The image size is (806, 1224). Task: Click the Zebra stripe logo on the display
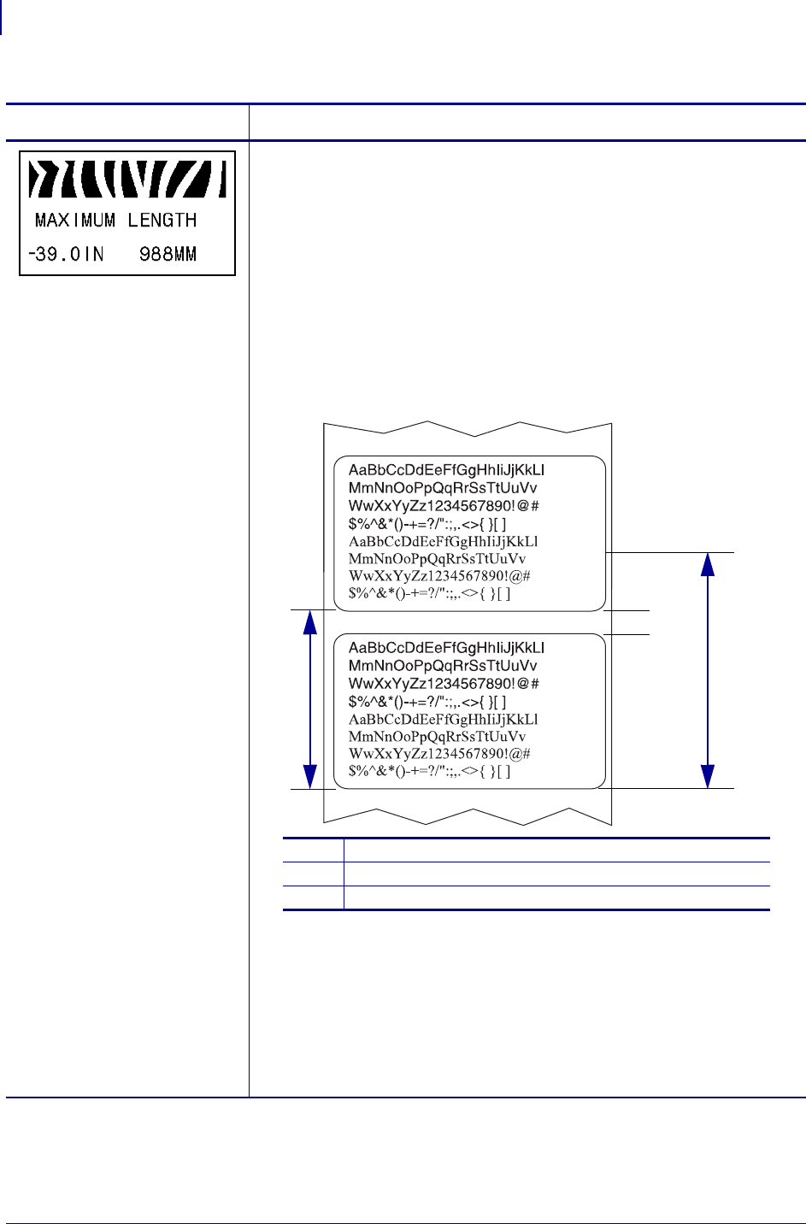(x=127, y=179)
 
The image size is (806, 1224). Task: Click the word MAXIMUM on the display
(x=75, y=221)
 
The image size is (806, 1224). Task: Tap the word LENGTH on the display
(x=162, y=221)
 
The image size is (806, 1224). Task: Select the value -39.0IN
(x=66, y=254)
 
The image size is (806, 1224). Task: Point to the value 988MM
(x=168, y=254)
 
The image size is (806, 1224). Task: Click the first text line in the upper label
(x=446, y=470)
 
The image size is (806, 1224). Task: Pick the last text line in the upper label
(x=429, y=594)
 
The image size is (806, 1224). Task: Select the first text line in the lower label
(x=446, y=648)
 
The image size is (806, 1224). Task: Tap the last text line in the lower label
(x=429, y=772)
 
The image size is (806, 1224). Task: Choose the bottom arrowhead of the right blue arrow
(x=708, y=776)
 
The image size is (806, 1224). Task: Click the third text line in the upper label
(x=444, y=506)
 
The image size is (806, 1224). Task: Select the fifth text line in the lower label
(x=443, y=720)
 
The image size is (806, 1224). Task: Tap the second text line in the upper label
(x=443, y=488)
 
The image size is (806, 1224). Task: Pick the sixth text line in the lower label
(x=437, y=737)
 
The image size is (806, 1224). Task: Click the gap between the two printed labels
(x=469, y=622)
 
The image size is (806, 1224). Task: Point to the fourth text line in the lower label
(x=427, y=702)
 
